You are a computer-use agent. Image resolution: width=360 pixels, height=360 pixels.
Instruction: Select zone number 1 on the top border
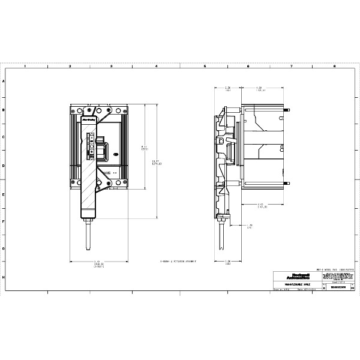(24, 66)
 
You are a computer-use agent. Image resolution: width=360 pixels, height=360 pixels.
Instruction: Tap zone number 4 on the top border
(156, 66)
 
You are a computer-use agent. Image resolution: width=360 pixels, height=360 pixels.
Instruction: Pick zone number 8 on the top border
(334, 66)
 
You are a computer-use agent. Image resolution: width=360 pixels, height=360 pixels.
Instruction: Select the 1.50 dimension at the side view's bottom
(227, 262)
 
